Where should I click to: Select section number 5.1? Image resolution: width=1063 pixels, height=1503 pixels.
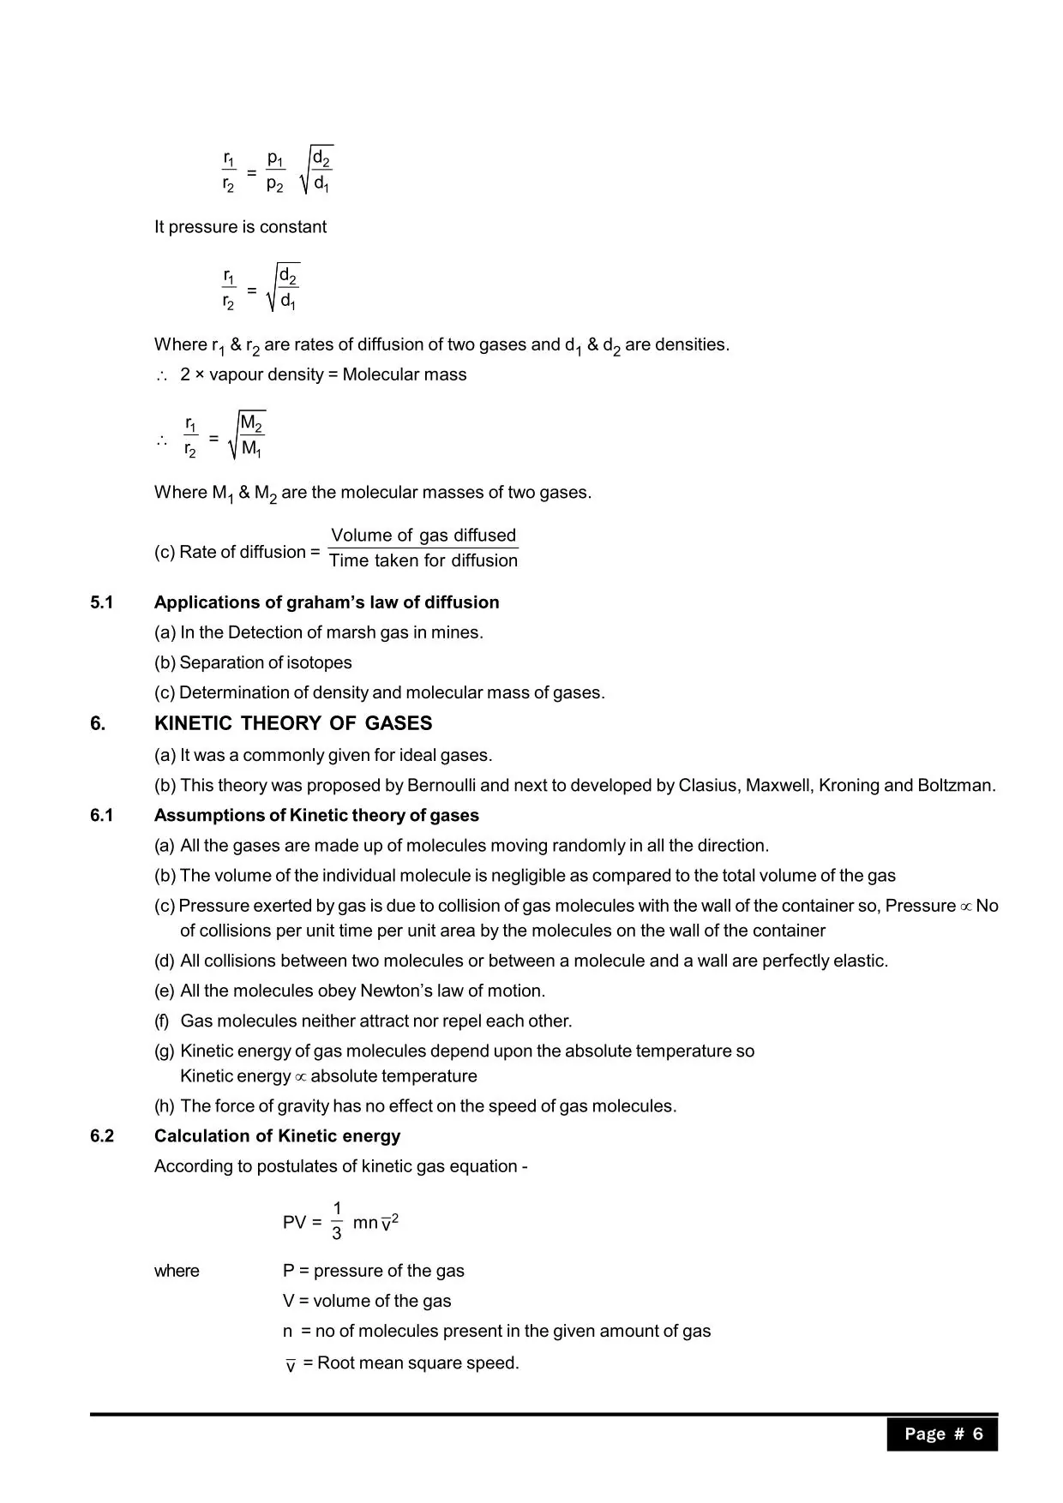[101, 602]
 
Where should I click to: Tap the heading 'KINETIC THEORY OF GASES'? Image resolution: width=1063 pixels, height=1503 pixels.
[293, 723]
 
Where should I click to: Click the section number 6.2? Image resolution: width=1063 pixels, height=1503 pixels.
[101, 1136]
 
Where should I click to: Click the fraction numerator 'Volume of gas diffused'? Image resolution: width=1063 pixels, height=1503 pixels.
[423, 536]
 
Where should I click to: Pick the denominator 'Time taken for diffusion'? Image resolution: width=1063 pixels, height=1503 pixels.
[423, 560]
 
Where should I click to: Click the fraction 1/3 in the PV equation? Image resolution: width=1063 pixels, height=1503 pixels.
[337, 1221]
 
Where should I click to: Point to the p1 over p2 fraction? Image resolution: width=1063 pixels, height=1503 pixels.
[275, 171]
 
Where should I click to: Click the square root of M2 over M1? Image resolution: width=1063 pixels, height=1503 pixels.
[248, 436]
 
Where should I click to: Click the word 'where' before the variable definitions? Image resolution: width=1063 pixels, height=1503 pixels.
[177, 1271]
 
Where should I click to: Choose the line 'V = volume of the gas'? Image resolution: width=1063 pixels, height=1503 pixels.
[367, 1301]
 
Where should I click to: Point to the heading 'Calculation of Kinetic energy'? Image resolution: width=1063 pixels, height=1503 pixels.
[277, 1136]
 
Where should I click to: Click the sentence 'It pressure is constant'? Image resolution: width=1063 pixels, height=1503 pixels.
[240, 227]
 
